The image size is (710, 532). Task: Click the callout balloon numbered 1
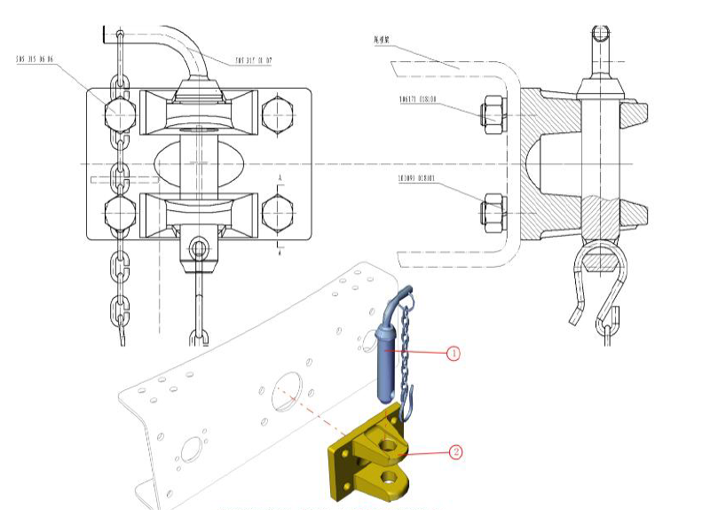coord(454,353)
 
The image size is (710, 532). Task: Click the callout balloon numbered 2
coord(456,451)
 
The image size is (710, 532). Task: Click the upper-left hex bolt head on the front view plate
coord(119,113)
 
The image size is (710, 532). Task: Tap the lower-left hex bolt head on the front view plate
coord(119,214)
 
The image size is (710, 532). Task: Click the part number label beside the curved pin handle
coord(253,61)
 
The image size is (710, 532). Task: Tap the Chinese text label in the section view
coord(387,40)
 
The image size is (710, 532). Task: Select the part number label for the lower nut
coord(420,177)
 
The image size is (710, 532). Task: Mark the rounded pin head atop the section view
coord(601,35)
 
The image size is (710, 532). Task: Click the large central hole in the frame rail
coord(287,391)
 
